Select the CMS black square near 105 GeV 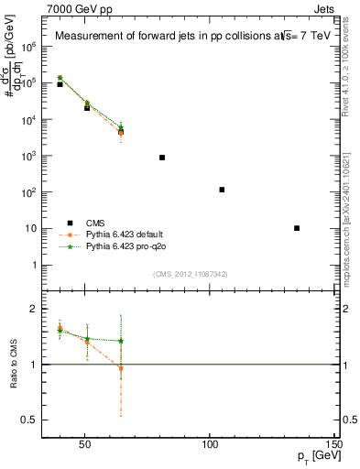coord(222,190)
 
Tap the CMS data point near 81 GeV coord(162,158)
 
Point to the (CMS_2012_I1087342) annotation coord(191,273)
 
